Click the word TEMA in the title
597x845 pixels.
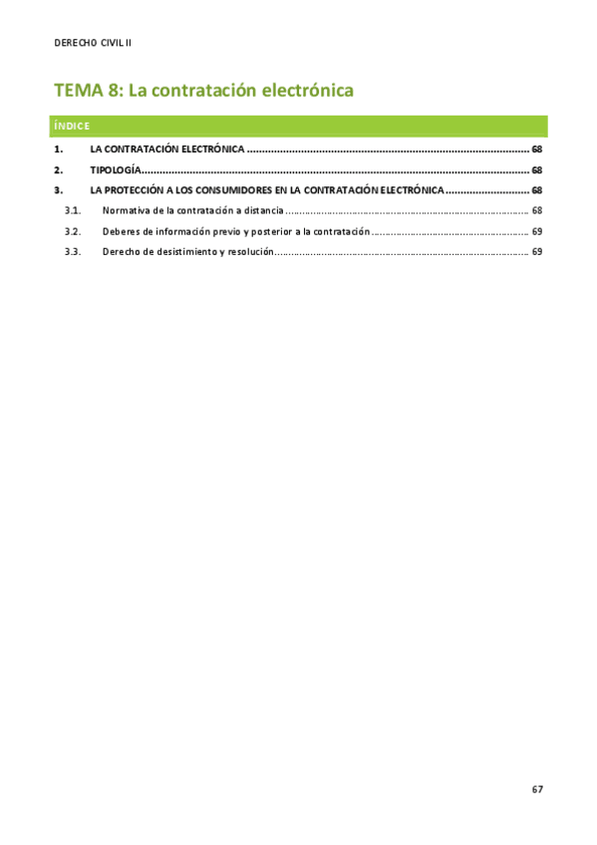pyautogui.click(x=78, y=91)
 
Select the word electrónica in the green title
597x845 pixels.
pyautogui.click(x=308, y=91)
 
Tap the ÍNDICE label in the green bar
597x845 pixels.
pyautogui.click(x=73, y=127)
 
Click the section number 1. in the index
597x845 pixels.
pyautogui.click(x=58, y=149)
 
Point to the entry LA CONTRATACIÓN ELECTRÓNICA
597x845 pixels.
pyautogui.click(x=166, y=149)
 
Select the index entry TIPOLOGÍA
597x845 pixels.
pyautogui.click(x=116, y=170)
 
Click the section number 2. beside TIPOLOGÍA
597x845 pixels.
pyautogui.click(x=58, y=170)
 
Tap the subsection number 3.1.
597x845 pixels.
pyautogui.click(x=72, y=211)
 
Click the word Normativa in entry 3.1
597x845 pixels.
pyautogui.click(x=125, y=211)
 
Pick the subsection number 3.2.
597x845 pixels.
pyautogui.click(x=72, y=231)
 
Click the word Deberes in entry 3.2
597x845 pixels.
pyautogui.click(x=121, y=231)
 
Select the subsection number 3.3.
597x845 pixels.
pyautogui.click(x=72, y=252)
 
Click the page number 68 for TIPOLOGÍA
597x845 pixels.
pyautogui.click(x=536, y=170)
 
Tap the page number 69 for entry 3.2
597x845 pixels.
pyautogui.click(x=536, y=231)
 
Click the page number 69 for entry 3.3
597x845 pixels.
pyautogui.click(x=536, y=252)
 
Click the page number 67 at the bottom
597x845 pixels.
pyautogui.click(x=537, y=789)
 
